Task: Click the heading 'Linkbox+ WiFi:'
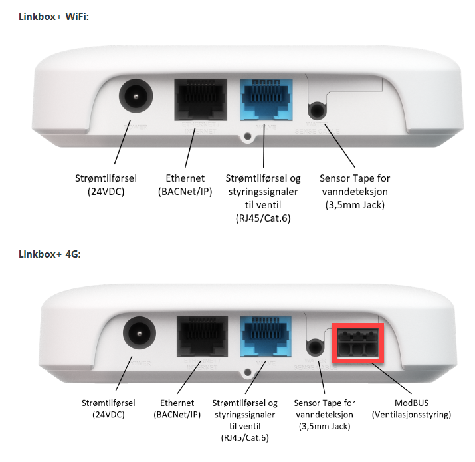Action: pos(53,17)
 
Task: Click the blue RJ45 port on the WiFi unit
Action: pos(264,101)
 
